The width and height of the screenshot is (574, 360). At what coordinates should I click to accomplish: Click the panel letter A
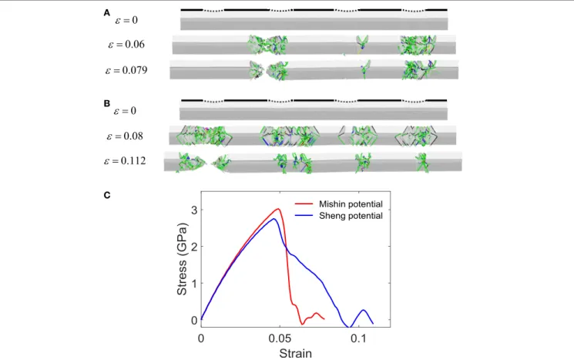coord(106,13)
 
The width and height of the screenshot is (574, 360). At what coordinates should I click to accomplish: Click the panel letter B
coord(106,103)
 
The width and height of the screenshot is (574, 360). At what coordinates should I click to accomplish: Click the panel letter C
coord(107,195)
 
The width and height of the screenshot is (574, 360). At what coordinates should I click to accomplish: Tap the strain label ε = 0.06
coord(126,44)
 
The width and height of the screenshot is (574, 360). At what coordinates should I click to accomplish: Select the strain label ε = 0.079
coord(126,70)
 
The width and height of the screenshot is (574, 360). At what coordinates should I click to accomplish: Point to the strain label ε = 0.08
coord(125,136)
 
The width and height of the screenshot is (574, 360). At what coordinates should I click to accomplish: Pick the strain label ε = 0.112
coord(125,161)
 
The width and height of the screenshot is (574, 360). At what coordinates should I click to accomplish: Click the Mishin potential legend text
coord(351,204)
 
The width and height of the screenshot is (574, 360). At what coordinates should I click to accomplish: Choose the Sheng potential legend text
coord(351,216)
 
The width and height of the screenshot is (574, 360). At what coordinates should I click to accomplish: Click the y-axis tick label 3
coord(194,210)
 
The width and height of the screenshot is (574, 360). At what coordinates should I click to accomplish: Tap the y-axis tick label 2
coord(194,247)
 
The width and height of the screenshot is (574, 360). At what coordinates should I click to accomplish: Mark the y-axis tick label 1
coord(194,284)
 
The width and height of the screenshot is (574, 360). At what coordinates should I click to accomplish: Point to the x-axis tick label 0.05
coord(280,338)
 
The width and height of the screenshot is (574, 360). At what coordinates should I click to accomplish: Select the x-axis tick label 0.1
coord(359,338)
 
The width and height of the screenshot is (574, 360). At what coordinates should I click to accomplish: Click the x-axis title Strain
coord(295,353)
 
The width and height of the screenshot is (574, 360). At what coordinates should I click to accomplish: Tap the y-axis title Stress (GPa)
coord(182,259)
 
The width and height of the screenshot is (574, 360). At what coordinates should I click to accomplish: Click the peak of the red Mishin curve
coord(279,209)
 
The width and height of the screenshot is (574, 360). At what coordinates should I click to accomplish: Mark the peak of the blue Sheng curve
coord(274,219)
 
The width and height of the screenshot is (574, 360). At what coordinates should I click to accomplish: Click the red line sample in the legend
coord(304,204)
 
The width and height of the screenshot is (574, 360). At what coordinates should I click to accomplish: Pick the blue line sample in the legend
coord(304,215)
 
